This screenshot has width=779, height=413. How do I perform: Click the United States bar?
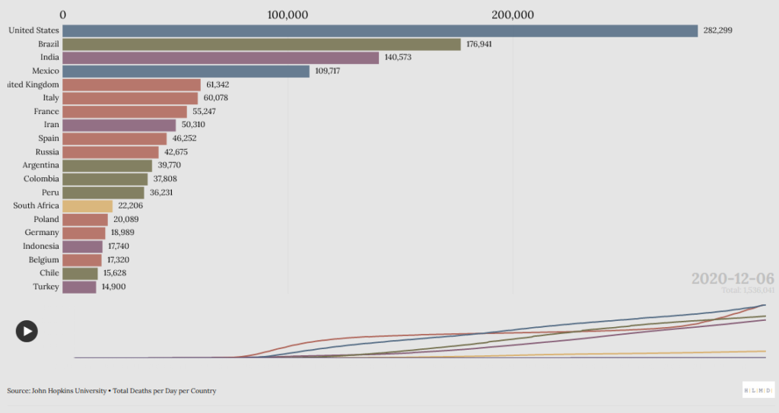pos(380,30)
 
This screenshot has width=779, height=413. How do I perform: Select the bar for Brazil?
pos(261,44)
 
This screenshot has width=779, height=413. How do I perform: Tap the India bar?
pos(220,58)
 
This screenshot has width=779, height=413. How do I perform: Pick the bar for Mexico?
pos(186,71)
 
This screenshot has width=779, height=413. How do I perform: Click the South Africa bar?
pos(87,206)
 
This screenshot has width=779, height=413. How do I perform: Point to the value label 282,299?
pos(717,30)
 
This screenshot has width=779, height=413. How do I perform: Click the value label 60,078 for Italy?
pos(218,98)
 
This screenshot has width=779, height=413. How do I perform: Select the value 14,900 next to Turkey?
pos(113,287)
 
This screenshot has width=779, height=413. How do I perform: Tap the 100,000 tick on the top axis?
pos(288,14)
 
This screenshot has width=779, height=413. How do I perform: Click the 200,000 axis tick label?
pos(512,14)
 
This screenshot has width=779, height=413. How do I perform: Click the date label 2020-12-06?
pos(733,278)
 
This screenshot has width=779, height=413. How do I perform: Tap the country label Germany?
pos(42,232)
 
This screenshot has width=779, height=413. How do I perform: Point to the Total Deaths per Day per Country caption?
pos(165,391)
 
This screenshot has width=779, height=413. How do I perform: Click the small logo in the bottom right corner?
pos(758,389)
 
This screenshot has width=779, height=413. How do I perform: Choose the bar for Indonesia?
pos(82,246)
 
